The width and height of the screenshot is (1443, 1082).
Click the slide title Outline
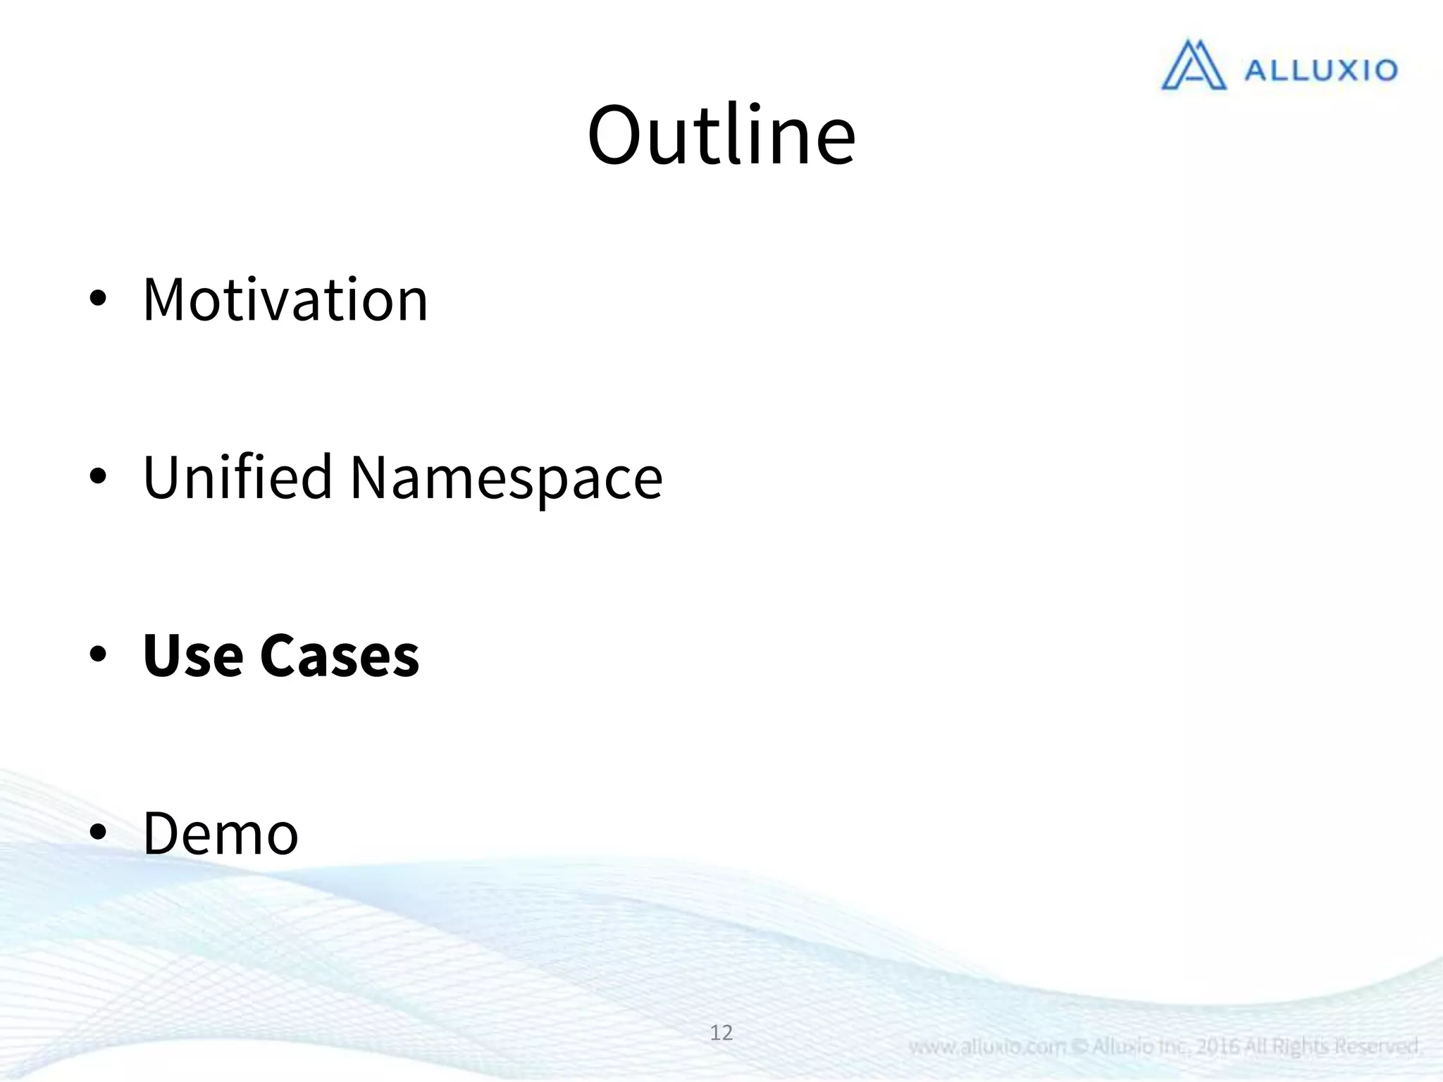pos(721,135)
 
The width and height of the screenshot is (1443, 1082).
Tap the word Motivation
pos(285,300)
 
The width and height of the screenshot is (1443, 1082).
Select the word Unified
pos(237,478)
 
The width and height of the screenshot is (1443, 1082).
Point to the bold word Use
pos(193,656)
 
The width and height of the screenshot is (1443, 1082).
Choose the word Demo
pos(221,834)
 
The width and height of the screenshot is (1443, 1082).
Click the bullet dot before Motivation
pos(98,299)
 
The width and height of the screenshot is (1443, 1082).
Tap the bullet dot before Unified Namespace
pos(98,477)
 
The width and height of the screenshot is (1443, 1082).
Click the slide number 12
pos(721,1033)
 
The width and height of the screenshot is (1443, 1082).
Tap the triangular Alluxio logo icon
pos(1193,66)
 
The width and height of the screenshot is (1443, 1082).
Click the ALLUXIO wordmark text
pos(1320,70)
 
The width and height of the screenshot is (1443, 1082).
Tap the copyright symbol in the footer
pos(1079,1047)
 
